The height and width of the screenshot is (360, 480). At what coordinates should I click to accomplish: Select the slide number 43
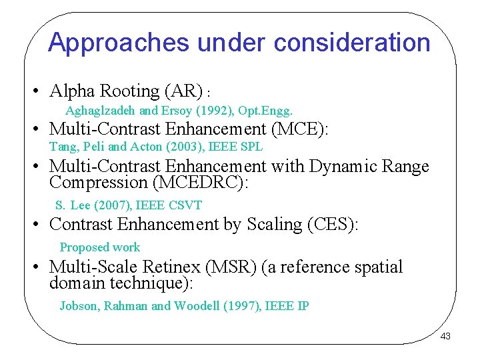coord(445,337)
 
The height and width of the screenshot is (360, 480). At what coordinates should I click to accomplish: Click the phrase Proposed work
coord(100,247)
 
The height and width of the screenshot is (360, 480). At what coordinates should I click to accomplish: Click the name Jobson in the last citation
coord(79,306)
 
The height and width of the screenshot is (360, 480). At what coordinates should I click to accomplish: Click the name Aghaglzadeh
coord(101,111)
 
